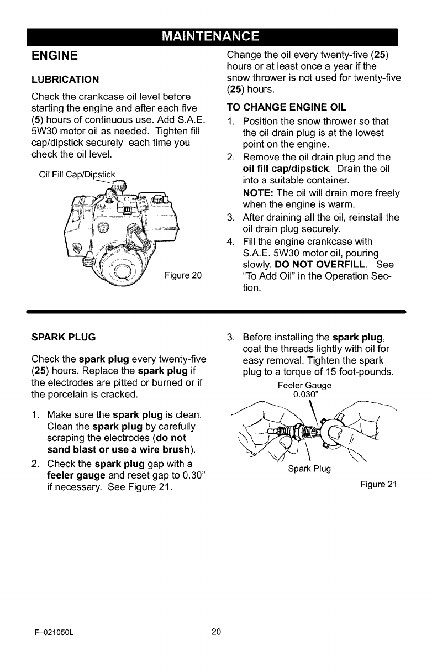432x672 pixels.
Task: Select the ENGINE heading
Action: click(x=54, y=56)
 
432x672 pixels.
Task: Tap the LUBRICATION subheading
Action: click(x=65, y=79)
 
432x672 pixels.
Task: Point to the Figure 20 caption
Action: click(x=183, y=276)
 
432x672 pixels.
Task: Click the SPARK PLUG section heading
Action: click(x=63, y=336)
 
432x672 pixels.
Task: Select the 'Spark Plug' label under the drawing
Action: click(x=309, y=469)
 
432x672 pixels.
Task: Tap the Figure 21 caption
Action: click(x=378, y=485)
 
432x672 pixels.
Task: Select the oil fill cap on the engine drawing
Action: click(x=118, y=188)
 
